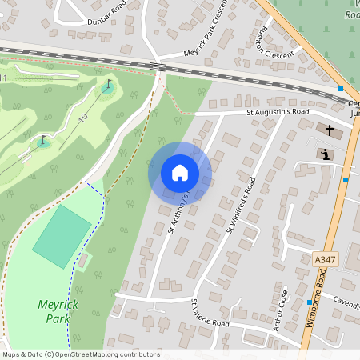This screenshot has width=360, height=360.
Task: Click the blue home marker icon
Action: [180, 173]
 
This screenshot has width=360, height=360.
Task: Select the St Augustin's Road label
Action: [278, 113]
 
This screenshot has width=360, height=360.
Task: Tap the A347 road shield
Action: [324, 260]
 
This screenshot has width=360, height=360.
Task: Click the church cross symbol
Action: [329, 129]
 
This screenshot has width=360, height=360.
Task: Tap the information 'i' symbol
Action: [326, 154]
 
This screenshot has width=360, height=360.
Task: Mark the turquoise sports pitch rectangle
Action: [62, 238]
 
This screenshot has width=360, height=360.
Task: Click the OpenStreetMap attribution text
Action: [80, 354]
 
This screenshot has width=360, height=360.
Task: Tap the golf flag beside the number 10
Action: [108, 85]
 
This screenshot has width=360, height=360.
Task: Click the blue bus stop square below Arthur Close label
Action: [309, 302]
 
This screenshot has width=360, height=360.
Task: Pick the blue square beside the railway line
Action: [341, 88]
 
